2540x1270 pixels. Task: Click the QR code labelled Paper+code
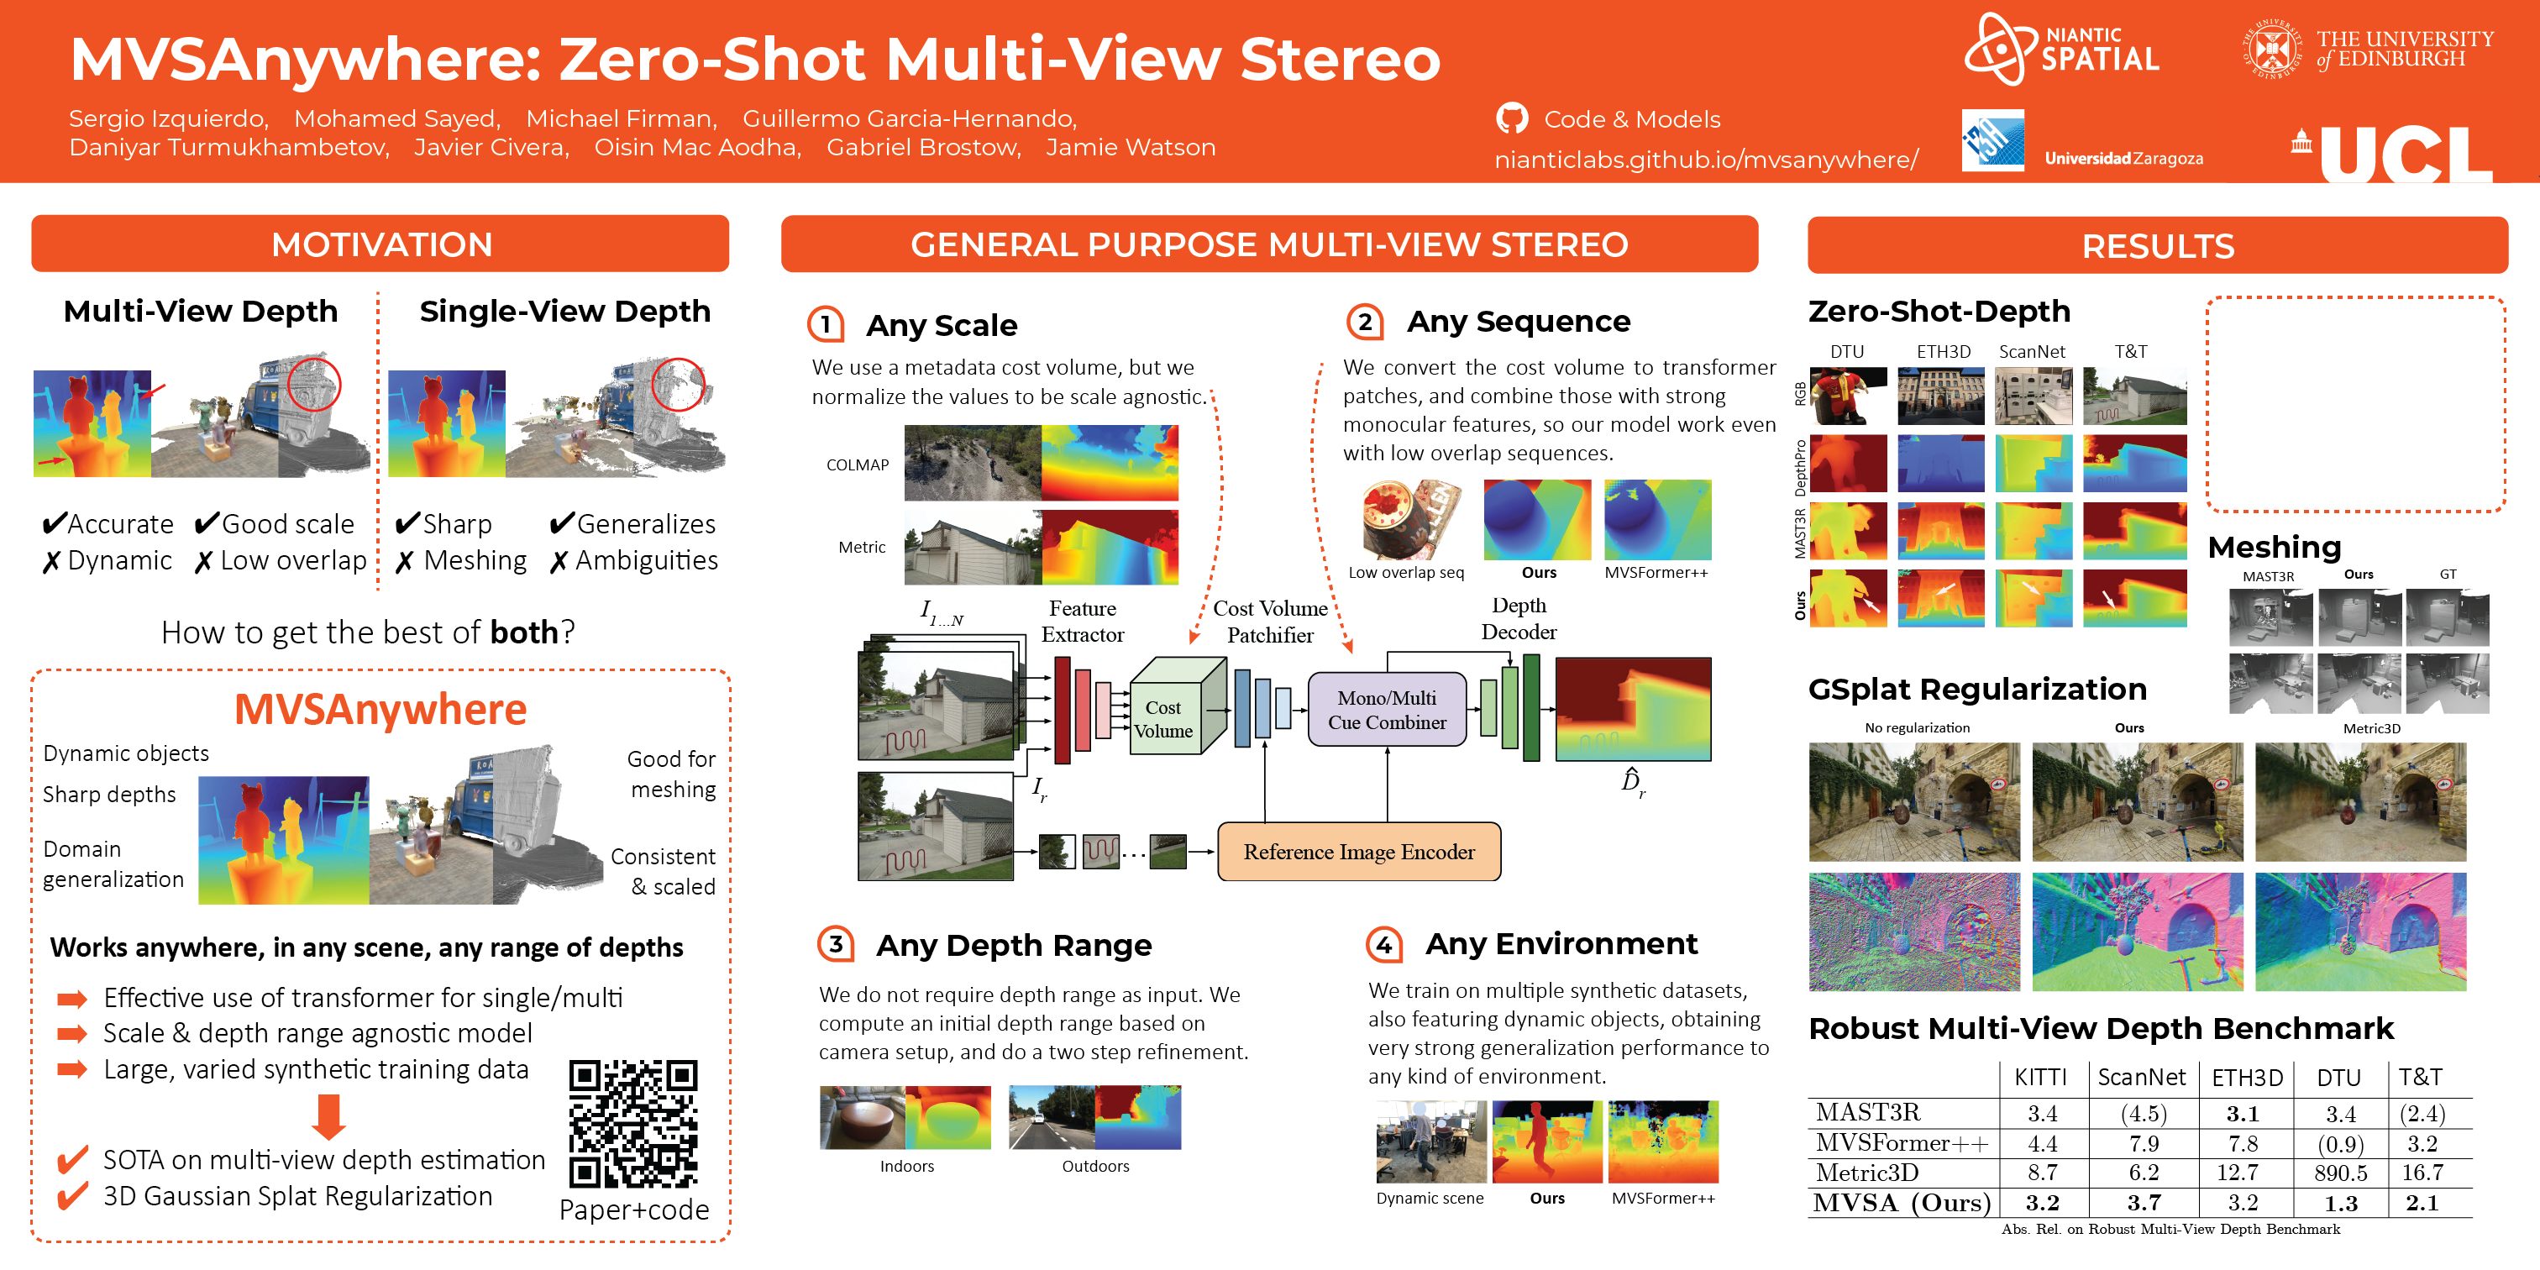(x=633, y=1123)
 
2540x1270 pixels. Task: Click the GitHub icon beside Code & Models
(x=1512, y=118)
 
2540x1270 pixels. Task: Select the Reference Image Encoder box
(x=1359, y=852)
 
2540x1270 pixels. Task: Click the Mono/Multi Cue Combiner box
(x=1387, y=710)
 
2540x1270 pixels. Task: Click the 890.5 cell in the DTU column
(x=2340, y=1173)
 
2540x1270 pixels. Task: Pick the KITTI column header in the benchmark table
(x=2040, y=1078)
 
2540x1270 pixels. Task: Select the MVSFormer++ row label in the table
(x=1901, y=1143)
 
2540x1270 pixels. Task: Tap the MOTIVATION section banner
(x=380, y=244)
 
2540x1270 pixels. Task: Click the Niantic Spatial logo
(x=2060, y=50)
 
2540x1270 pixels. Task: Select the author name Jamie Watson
(x=1130, y=148)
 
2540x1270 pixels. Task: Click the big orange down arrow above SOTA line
(x=328, y=1116)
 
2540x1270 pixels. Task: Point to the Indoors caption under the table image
(x=906, y=1167)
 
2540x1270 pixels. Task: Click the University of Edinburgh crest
(x=2272, y=50)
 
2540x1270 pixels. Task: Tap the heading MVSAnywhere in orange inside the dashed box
(x=380, y=710)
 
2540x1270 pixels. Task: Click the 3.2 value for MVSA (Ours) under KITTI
(x=2042, y=1203)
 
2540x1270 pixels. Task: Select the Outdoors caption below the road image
(x=1094, y=1167)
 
